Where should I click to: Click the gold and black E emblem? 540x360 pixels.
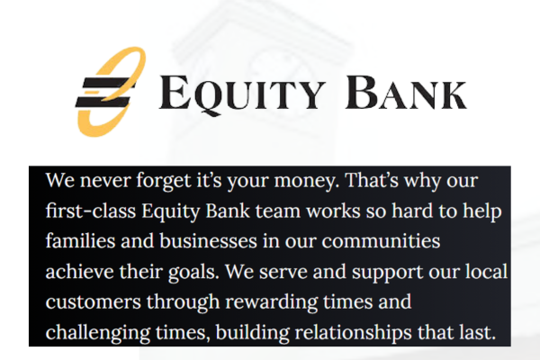coord(110,92)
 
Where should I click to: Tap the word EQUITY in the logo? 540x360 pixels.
coord(242,94)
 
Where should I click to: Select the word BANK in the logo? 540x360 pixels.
coord(406,93)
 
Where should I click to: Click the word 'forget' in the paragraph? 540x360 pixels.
coord(163,181)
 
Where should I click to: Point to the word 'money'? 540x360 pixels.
coord(304,181)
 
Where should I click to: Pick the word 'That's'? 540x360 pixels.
coord(371,180)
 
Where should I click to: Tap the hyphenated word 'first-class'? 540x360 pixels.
coord(91,211)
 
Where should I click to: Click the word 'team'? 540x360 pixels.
coord(277,211)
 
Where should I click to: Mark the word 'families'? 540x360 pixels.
coord(80,240)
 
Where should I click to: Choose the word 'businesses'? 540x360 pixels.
coord(208,240)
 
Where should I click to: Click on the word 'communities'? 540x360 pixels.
coord(381,241)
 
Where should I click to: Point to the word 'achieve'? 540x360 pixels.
coord(79,271)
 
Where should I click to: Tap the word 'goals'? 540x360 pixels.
coord(193,272)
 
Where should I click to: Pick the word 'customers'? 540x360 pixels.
coord(94,302)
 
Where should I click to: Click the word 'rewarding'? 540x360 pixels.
coord(272,302)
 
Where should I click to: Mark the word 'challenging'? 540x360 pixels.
coord(98,333)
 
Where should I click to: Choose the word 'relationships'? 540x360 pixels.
coord(354,333)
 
